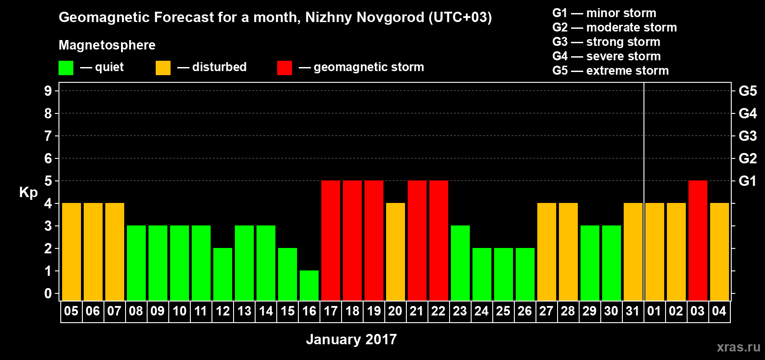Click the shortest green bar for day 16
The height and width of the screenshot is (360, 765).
coord(309,285)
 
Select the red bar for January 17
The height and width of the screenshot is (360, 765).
coord(331,240)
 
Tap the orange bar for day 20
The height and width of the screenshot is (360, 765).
coord(396,252)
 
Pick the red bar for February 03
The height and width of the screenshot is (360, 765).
coord(698,240)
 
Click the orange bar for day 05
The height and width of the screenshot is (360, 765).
coord(72,252)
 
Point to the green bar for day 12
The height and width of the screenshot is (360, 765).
coord(223,274)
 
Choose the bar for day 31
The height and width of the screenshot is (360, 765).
coord(633,252)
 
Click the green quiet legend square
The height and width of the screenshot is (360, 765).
coord(66,68)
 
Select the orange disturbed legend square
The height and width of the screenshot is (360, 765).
coord(163,68)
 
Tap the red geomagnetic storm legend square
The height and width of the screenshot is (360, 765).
coord(284,68)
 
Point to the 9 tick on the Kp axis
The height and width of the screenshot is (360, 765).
coord(48,91)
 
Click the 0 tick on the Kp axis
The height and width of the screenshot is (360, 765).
coord(48,294)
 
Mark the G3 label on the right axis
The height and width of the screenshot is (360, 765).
coord(747,136)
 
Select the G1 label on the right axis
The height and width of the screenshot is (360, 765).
coord(747,181)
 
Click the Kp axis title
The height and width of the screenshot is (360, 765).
coord(28,193)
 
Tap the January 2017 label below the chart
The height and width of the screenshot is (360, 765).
coord(351,339)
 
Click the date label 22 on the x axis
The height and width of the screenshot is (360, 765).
coord(438,311)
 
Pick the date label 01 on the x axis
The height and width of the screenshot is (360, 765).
coord(654,311)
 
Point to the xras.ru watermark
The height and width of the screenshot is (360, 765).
coord(738,347)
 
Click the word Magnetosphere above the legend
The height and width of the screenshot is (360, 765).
coord(107,45)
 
